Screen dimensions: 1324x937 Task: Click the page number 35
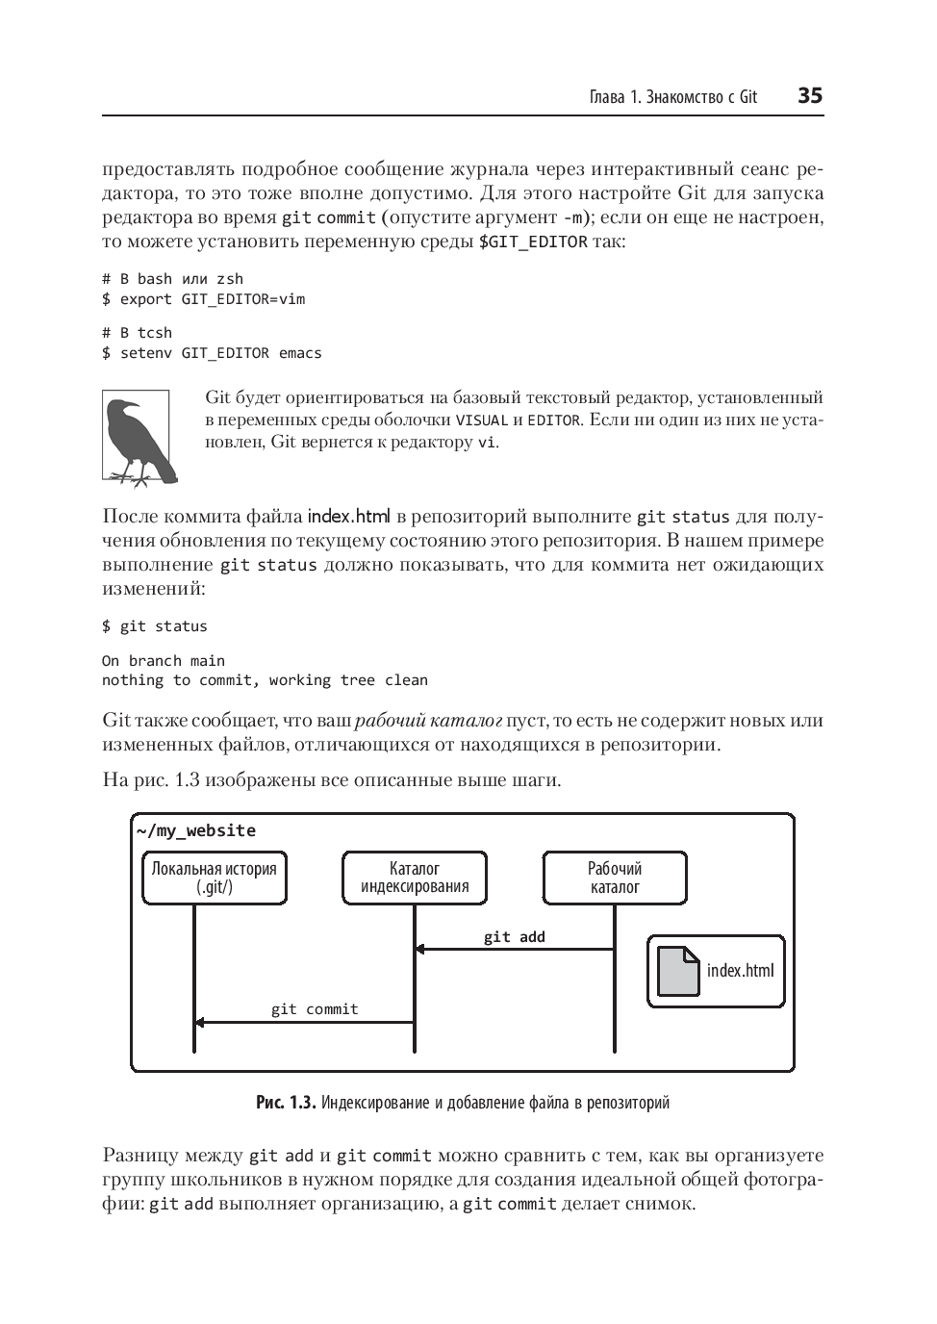tap(809, 95)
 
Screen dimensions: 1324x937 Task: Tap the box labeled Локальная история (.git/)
tap(215, 878)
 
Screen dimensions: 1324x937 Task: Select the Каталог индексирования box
tap(415, 878)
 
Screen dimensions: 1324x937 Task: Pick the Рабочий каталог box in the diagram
tap(615, 878)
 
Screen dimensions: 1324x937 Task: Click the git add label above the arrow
tap(514, 936)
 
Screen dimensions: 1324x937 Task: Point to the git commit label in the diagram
tap(314, 1008)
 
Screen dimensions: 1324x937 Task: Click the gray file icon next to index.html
tap(678, 972)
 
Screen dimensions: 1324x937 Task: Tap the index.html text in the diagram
tap(740, 970)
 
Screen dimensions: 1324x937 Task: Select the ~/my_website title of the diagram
tap(196, 830)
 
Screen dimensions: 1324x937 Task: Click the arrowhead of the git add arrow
tap(419, 950)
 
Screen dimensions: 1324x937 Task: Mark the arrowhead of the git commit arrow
tap(200, 1022)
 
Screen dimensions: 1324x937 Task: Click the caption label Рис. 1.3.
tap(286, 1102)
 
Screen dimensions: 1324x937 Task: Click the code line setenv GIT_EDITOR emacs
tap(213, 353)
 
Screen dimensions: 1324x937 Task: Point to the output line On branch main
tap(164, 660)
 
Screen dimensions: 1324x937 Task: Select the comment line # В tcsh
tap(138, 333)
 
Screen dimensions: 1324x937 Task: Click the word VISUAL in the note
tap(481, 420)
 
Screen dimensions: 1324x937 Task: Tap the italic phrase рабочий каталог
tap(429, 721)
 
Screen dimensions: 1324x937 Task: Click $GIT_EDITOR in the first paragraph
tap(533, 242)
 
